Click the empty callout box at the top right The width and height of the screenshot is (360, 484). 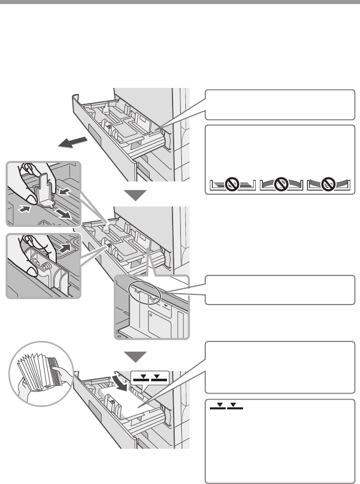(x=280, y=104)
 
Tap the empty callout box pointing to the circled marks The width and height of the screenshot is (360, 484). (x=280, y=290)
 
